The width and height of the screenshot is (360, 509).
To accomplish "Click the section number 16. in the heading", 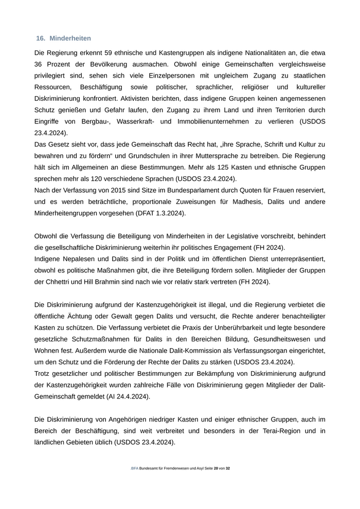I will click(41, 39).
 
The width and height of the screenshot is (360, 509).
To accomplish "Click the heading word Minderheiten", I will click(70, 39).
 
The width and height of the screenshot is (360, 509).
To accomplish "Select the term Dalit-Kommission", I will click(180, 351).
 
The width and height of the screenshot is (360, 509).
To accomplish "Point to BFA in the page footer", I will click(135, 468).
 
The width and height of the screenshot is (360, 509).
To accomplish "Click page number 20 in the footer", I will click(216, 468).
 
